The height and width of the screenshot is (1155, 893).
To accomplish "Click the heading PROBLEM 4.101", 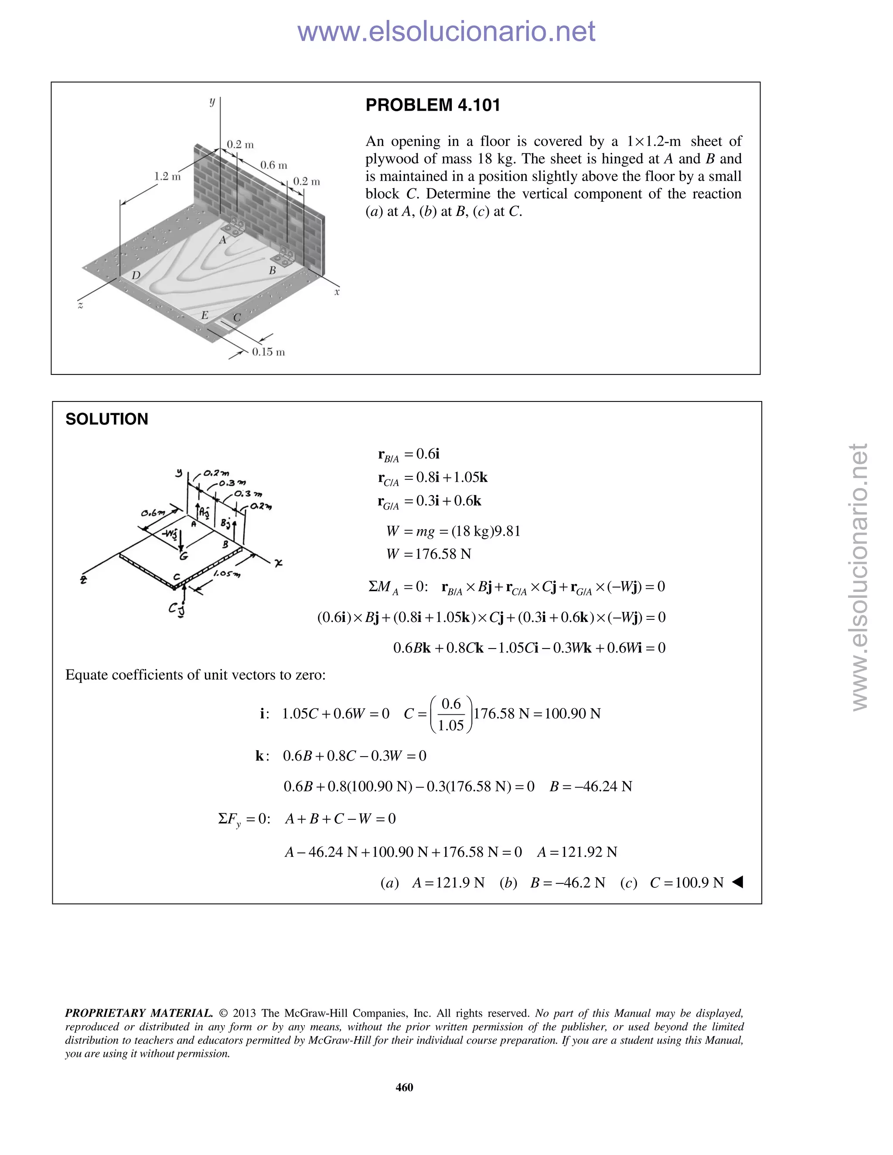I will pos(432,105).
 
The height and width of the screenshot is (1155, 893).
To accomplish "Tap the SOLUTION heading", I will pos(107,419).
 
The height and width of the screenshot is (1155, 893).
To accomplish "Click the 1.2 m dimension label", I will pos(167,176).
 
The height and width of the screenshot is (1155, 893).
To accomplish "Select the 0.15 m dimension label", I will pos(268,352).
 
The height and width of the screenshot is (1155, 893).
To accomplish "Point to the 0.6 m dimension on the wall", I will pos(273,165).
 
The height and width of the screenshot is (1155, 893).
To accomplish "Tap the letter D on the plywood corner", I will pos(136,275).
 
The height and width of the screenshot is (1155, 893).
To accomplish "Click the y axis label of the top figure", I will pos(211,102).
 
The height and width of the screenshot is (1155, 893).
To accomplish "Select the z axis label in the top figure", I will pos(80,305).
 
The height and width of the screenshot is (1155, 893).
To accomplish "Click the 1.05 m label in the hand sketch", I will pos(226,574).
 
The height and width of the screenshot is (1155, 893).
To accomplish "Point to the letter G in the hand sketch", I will pos(183,556).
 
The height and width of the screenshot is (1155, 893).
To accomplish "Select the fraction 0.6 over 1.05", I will pos(451,714).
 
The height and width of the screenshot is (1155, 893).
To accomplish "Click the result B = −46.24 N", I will pos(590,786).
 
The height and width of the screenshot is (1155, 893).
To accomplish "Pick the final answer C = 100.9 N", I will pos(686,883).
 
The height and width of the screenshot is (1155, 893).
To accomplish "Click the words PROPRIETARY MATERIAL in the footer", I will pos(139,1013).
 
